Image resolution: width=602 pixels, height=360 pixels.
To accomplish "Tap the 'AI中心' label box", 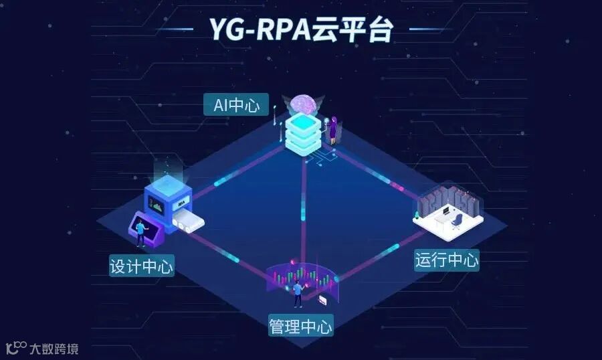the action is pos(236,105).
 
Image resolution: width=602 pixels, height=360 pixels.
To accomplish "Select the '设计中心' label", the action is pos(141,266).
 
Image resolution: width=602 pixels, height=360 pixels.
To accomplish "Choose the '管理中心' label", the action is pos(300,326).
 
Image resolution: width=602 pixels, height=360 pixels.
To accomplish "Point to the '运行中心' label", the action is pos(447,260).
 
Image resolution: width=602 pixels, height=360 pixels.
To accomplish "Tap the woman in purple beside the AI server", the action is pos(332,128).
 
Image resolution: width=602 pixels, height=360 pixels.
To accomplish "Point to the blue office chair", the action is pos(456,219).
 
